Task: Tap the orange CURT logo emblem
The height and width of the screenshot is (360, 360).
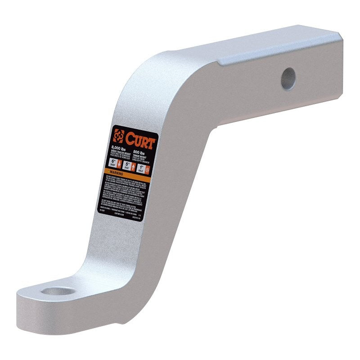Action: coord(119,135)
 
